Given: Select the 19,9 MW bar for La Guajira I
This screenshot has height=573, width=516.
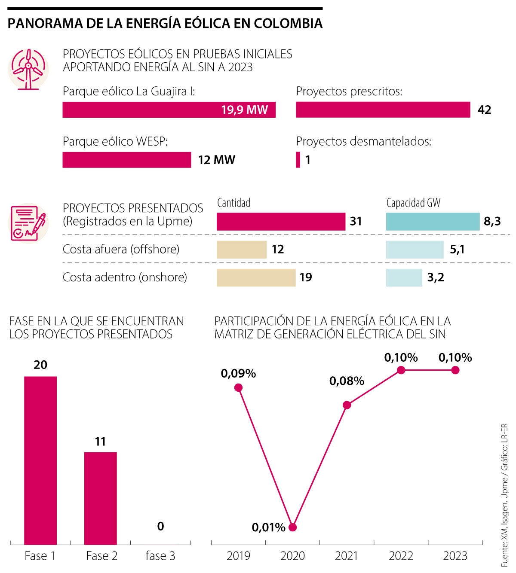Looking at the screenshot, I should [169, 110].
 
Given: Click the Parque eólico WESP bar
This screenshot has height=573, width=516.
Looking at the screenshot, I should [126, 160].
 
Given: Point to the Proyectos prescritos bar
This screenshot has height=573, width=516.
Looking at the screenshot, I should [383, 110].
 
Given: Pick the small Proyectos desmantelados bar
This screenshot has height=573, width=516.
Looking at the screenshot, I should [298, 160].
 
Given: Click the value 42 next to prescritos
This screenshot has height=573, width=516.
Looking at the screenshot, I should [484, 110].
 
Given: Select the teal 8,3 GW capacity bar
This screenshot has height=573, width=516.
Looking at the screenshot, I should [433, 222].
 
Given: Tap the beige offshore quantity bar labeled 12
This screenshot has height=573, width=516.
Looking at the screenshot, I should [241, 250].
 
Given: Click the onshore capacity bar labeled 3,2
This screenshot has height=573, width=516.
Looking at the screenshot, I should [404, 277].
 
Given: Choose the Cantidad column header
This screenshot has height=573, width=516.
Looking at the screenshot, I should [233, 203].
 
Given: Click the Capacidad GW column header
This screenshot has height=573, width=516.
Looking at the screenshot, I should [413, 203].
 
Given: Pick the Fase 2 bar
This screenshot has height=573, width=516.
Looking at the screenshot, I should [100, 498].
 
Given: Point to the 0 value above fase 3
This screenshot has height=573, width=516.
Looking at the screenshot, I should [160, 526].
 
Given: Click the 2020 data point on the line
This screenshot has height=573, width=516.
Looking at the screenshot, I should [293, 527].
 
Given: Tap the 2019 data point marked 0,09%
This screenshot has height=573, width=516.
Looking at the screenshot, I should [239, 387].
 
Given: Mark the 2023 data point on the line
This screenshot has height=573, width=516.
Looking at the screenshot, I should [455, 370].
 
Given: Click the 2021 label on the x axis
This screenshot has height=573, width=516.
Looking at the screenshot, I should [347, 556].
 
